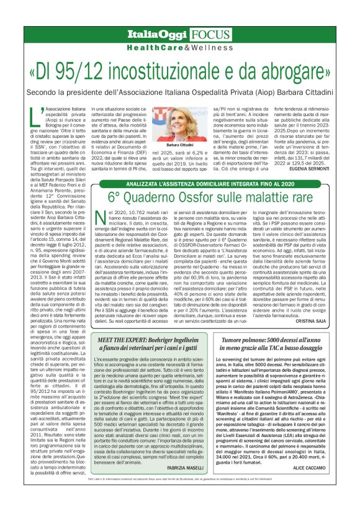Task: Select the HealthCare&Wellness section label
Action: pos(179,47)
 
